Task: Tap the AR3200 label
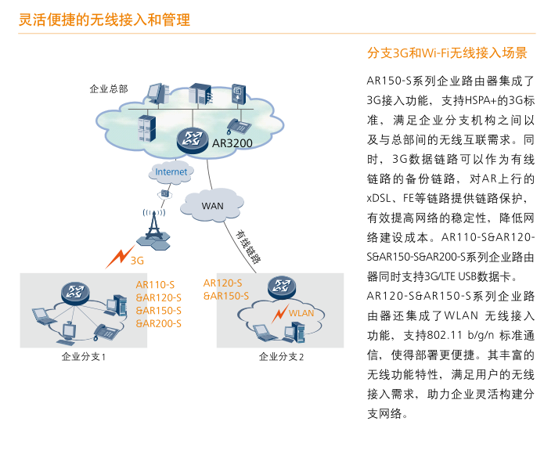[232, 144]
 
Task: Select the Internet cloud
[171, 171]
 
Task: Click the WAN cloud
[212, 205]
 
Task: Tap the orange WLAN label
[301, 313]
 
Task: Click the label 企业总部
[109, 88]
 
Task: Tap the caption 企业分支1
[83, 357]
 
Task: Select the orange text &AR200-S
[159, 322]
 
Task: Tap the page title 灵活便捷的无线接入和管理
[104, 19]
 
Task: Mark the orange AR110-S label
[155, 285]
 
